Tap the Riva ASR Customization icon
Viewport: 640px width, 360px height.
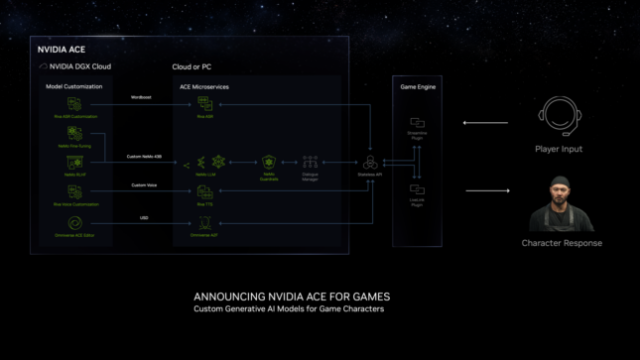point(73,104)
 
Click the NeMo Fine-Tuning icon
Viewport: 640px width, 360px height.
point(73,133)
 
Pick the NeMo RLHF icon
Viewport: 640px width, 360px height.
point(73,162)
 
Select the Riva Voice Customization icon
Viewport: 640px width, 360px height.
point(73,191)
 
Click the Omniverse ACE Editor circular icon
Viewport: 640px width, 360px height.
point(73,224)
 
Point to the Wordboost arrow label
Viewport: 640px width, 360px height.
point(142,97)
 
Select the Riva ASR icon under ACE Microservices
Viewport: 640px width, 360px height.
point(203,104)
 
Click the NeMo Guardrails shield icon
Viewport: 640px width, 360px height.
point(268,161)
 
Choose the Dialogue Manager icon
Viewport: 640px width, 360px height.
point(310,161)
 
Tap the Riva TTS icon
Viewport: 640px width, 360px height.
point(203,191)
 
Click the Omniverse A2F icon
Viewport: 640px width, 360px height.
point(203,224)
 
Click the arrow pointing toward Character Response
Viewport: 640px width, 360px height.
point(486,189)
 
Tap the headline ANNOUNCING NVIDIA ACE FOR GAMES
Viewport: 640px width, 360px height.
point(292,297)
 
